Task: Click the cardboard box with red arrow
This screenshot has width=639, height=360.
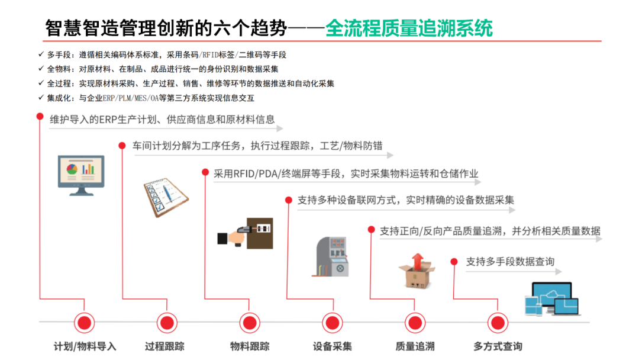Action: (417, 271)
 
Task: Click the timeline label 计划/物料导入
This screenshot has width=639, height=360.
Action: (85, 346)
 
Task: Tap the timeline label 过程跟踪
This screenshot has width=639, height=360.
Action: (164, 346)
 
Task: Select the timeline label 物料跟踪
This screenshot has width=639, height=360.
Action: (250, 346)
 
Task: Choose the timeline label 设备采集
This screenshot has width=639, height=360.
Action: (333, 346)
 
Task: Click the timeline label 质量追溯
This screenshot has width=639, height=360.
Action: (415, 346)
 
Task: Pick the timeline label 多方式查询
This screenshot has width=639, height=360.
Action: (498, 346)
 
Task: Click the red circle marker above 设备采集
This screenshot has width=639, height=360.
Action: (333, 323)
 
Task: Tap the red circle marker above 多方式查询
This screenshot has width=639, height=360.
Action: (498, 323)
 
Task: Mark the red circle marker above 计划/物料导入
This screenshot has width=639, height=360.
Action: (85, 323)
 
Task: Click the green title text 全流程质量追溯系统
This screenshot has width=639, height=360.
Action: (409, 28)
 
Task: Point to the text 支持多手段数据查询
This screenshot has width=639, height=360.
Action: (510, 261)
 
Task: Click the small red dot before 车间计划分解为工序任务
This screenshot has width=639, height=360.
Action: (122, 145)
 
